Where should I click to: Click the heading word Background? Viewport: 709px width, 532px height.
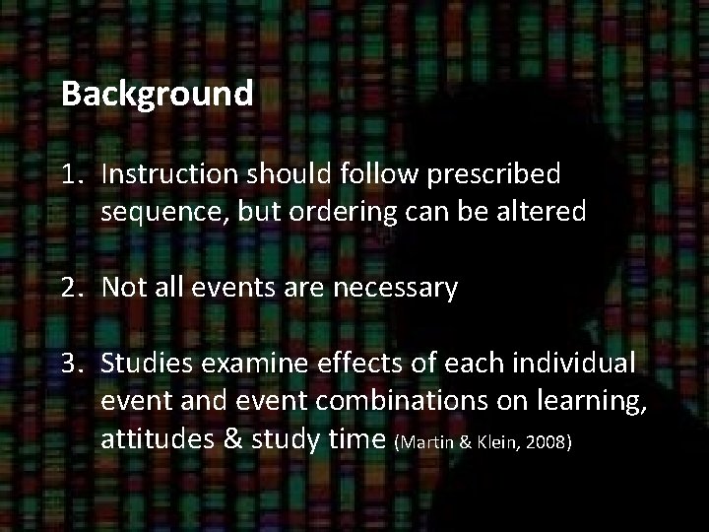coord(157,95)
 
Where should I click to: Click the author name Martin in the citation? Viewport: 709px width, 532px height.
coord(424,444)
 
